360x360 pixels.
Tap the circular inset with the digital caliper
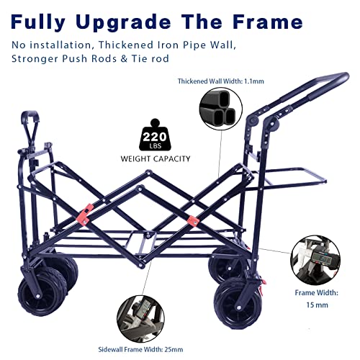[x=315, y=261]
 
